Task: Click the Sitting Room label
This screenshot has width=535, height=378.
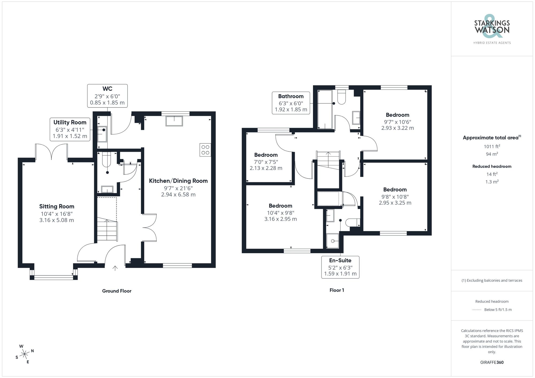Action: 57,206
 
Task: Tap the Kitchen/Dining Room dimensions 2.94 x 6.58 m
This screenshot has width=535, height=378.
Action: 178,194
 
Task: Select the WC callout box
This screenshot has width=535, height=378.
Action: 107,96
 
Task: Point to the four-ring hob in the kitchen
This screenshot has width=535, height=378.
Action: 205,150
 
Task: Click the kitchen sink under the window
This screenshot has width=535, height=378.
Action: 174,121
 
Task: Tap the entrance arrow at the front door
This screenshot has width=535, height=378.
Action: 115,268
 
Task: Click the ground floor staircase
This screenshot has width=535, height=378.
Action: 107,230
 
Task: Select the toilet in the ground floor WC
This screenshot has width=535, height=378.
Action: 106,158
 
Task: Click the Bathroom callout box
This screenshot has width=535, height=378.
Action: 291,103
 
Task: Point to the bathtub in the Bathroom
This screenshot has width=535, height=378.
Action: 325,110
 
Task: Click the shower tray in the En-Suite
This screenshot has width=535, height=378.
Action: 333,241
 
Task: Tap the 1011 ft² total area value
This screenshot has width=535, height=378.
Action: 492,146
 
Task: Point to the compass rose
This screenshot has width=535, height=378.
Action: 25,354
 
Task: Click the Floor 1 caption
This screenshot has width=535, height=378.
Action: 337,290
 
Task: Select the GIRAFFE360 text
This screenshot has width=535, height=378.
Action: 492,362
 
